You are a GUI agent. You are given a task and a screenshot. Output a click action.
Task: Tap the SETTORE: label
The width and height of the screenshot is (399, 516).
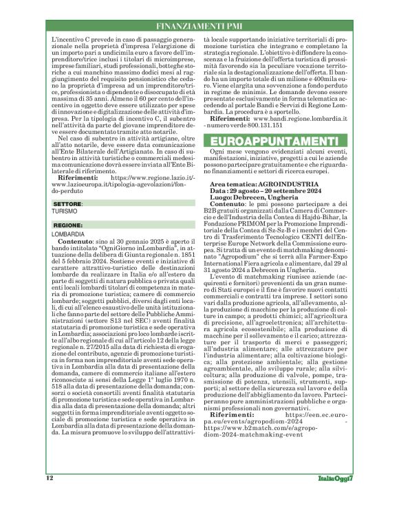click(x=67, y=205)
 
